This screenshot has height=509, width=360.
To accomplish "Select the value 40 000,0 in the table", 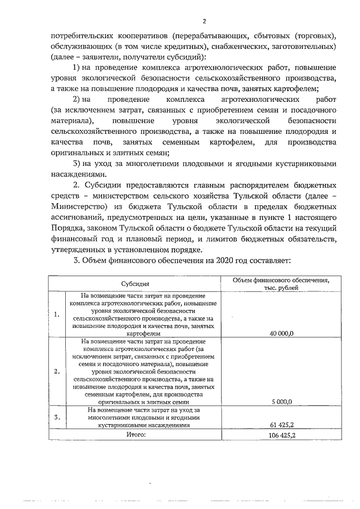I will (x=282, y=334).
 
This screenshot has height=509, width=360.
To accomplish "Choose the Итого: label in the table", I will (x=136, y=435).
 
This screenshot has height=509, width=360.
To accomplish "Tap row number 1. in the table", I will (x=57, y=314).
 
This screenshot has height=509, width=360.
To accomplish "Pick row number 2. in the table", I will (x=57, y=371).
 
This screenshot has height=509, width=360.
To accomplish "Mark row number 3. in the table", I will (x=57, y=418).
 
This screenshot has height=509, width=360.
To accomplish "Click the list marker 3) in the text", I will (x=79, y=164).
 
